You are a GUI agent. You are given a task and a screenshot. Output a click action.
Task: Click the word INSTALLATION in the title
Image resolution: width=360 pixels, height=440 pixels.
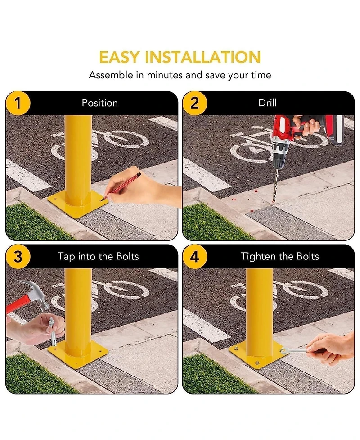click(x=202, y=57)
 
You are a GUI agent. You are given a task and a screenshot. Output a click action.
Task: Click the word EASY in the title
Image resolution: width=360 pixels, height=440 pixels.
click(x=119, y=57)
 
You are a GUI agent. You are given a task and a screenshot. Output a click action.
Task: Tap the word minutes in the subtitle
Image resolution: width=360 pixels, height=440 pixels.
click(x=165, y=75)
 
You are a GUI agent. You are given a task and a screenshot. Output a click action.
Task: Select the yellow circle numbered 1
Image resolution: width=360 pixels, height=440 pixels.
click(x=18, y=103)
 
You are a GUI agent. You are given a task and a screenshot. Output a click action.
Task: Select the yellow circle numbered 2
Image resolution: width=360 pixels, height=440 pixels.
click(x=194, y=103)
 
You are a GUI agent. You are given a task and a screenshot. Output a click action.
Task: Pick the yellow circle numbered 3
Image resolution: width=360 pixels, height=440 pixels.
click(x=18, y=257)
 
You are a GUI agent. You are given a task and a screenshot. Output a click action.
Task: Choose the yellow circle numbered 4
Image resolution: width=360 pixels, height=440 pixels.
click(x=194, y=257)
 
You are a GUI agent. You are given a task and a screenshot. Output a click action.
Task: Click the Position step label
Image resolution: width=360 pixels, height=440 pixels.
click(x=100, y=103)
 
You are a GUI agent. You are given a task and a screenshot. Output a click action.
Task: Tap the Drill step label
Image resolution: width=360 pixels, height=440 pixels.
click(x=267, y=103)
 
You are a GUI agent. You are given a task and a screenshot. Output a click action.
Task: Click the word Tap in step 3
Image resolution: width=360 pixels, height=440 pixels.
click(x=67, y=257)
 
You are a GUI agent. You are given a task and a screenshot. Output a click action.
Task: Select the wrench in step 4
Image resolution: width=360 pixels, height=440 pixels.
click(x=295, y=350)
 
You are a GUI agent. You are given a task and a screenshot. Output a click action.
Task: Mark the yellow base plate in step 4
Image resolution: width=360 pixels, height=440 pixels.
click(x=259, y=355)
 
